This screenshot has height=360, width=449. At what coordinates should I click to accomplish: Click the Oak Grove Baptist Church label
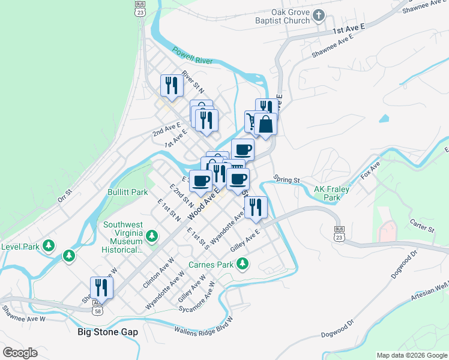291,16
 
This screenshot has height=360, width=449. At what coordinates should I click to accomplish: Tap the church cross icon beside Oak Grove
319,16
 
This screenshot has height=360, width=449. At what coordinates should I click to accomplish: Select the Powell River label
192,56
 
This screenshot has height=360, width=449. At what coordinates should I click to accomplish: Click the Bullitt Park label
127,192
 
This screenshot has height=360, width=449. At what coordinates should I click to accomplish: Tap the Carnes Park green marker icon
243,263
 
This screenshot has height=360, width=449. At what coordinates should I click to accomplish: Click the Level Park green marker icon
49,245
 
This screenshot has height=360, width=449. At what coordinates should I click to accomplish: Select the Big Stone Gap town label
108,331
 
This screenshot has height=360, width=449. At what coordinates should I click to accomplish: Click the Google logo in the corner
20,352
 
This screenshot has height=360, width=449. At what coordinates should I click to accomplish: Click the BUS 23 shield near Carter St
339,233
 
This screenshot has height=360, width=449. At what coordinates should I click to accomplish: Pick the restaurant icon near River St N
172,86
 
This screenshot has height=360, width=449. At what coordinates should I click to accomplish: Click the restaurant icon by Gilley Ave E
256,207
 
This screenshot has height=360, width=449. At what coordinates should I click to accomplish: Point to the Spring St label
286,179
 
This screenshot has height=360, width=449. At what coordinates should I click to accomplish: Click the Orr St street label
64,193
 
